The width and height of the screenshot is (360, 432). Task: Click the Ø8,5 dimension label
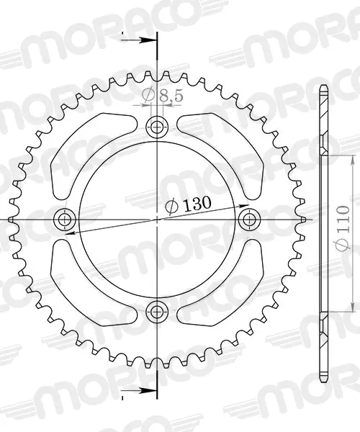pyautogui.click(x=162, y=95)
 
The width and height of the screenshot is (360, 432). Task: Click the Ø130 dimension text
pyautogui.click(x=188, y=205)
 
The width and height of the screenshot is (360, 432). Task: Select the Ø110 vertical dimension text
pyautogui.click(x=343, y=228)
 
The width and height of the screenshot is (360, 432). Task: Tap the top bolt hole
pyautogui.click(x=157, y=127)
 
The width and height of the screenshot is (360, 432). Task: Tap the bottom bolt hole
pyautogui.click(x=157, y=312)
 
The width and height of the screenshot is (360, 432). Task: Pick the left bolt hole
pyautogui.click(x=65, y=220)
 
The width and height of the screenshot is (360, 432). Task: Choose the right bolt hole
pyautogui.click(x=249, y=220)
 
